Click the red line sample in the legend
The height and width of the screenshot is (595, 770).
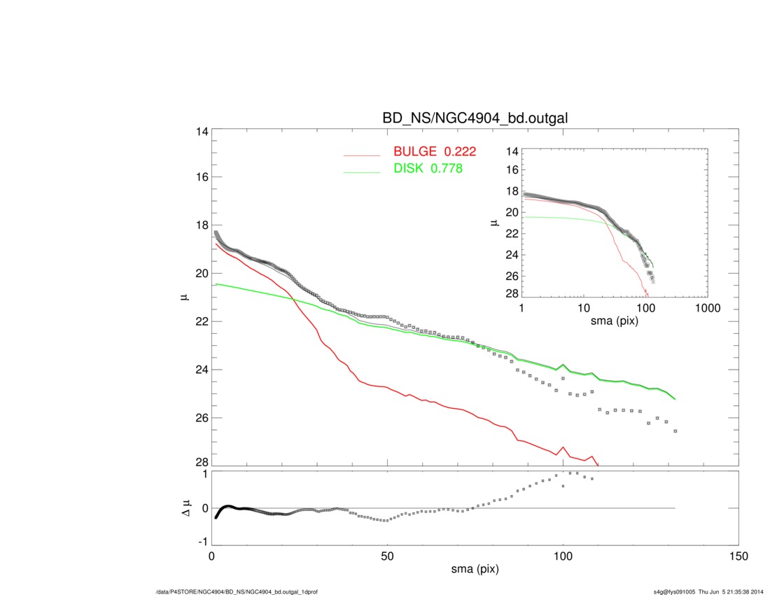pyautogui.click(x=362, y=155)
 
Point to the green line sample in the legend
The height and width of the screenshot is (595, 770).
pyautogui.click(x=362, y=171)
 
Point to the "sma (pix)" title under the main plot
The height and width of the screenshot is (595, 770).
pyautogui.click(x=475, y=570)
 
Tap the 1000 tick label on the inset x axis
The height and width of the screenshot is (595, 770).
pyautogui.click(x=708, y=309)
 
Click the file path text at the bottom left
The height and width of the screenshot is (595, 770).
pyautogui.click(x=237, y=591)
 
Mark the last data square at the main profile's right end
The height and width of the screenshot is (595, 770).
pyautogui.click(x=675, y=431)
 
